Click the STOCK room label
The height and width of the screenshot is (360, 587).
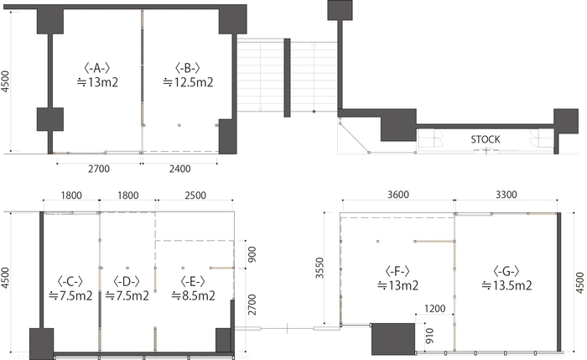(486, 139)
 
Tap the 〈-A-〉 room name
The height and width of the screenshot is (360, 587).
(97, 68)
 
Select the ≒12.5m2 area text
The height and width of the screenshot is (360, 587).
(189, 81)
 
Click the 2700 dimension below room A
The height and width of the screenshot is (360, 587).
(99, 169)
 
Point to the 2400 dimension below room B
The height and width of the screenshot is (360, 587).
(179, 169)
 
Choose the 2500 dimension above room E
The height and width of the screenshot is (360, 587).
(195, 196)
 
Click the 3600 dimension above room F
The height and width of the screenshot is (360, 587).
(398, 195)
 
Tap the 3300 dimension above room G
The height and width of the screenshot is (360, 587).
(506, 195)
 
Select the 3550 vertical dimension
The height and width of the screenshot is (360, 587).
(319, 268)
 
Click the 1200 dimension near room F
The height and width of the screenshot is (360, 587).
(434, 308)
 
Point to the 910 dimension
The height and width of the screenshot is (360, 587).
(429, 336)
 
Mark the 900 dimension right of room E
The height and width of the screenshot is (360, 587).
(252, 254)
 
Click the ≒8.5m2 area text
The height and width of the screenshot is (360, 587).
(193, 295)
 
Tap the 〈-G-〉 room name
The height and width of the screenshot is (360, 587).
(506, 271)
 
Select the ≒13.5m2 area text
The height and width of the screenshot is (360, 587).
(506, 285)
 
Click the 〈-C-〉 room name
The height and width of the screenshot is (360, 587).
(70, 281)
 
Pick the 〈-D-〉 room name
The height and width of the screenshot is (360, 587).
(127, 281)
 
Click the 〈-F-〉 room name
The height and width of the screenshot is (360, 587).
(397, 271)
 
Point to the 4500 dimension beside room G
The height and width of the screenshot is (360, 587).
(579, 283)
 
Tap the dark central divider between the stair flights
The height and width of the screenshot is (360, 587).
(287, 77)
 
